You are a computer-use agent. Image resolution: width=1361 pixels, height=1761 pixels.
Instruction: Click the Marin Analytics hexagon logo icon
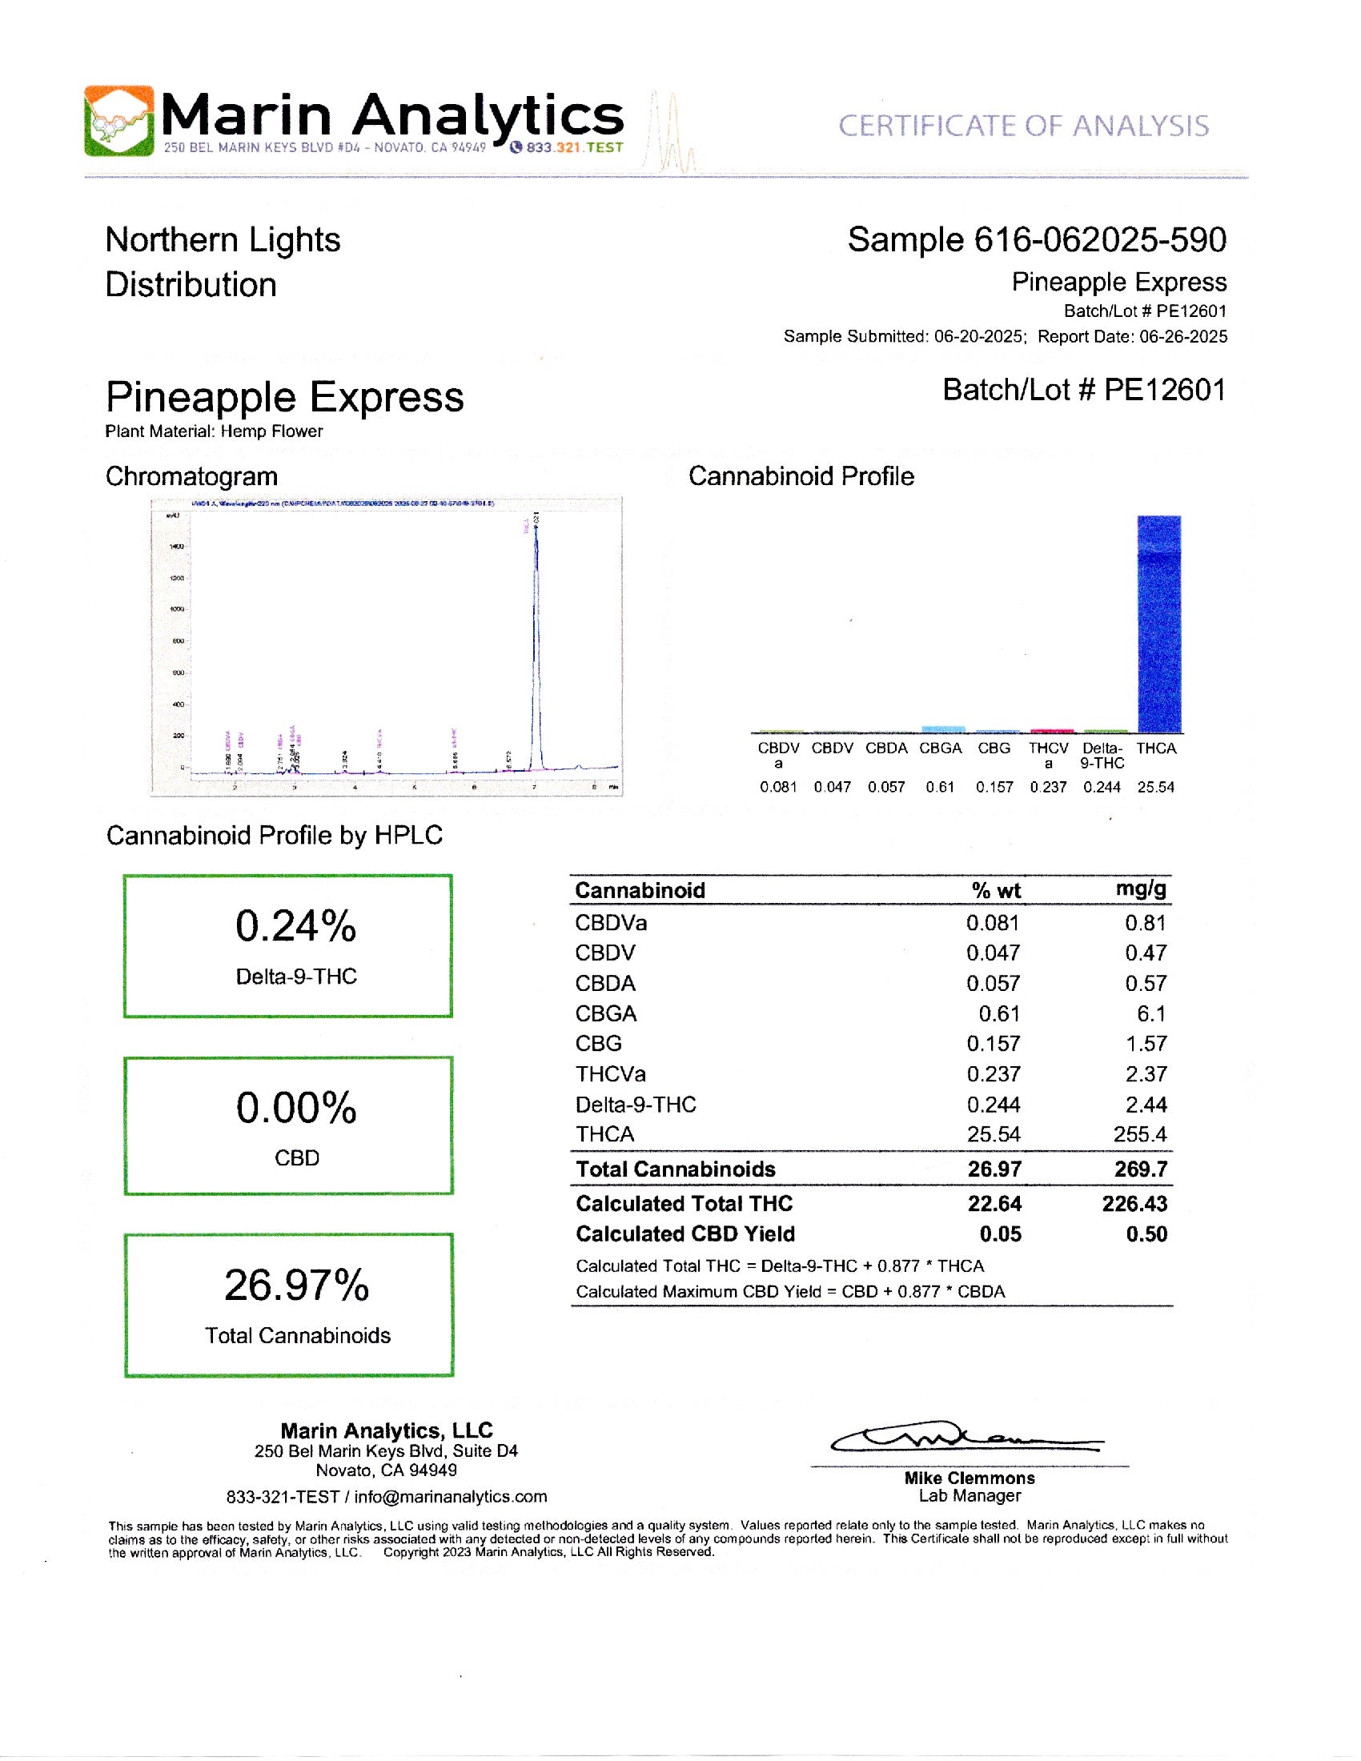click(118, 121)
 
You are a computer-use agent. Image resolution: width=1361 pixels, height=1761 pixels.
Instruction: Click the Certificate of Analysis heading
click(1023, 126)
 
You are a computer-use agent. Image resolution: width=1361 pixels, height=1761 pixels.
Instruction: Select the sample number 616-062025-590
click(1100, 240)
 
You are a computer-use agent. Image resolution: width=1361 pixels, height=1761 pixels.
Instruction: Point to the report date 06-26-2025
click(1182, 336)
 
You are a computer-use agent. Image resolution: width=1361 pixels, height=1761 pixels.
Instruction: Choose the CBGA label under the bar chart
click(940, 748)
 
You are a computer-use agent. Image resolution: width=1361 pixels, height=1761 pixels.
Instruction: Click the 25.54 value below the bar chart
click(1155, 787)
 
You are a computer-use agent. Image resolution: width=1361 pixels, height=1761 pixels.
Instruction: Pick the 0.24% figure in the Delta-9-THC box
click(296, 925)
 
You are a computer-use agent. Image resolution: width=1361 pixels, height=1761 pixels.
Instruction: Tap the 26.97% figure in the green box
click(296, 1286)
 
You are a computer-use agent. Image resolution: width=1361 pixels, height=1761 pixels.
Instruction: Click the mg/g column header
click(1141, 889)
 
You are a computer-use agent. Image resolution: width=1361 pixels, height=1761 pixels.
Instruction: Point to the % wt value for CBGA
click(999, 1013)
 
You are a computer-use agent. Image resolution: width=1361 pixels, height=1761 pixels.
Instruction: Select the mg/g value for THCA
click(1140, 1134)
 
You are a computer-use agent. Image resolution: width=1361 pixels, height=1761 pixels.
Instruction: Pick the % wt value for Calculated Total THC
click(994, 1204)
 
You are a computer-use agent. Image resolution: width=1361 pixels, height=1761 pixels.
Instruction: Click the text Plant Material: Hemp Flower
click(214, 431)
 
